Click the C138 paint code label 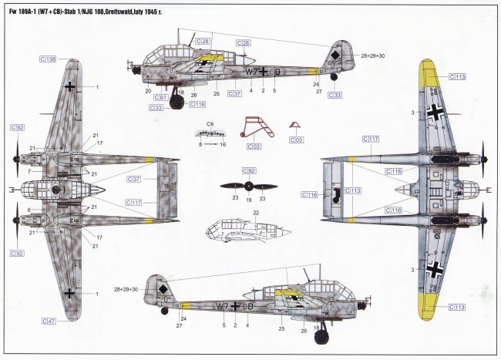(x=47, y=59)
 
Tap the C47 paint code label (x=47, y=320)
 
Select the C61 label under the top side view (x=160, y=98)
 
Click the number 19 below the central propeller (x=248, y=198)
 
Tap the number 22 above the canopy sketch (x=256, y=213)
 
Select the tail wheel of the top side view (x=333, y=76)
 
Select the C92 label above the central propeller (x=248, y=170)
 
